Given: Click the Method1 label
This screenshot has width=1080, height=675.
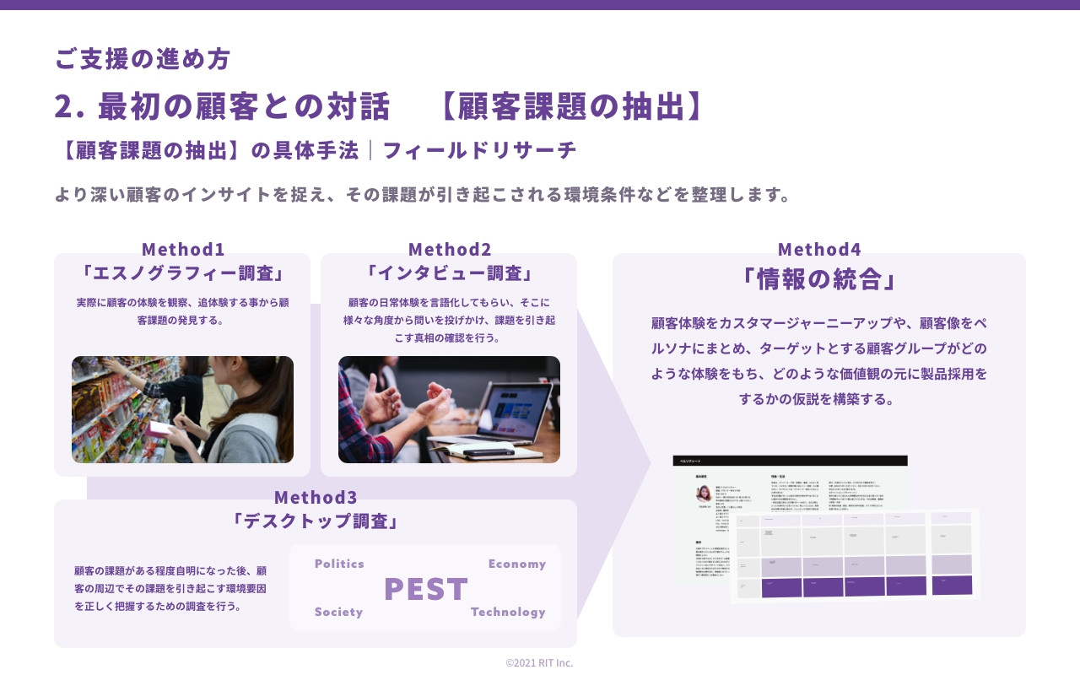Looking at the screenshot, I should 183,249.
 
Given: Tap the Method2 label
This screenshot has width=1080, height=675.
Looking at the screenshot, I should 450,249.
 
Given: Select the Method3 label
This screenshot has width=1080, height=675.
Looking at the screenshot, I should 316,497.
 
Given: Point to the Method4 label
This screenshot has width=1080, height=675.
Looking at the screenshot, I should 819,249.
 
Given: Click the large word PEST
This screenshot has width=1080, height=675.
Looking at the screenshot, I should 426,589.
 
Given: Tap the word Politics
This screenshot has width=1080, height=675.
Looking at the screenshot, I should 339,564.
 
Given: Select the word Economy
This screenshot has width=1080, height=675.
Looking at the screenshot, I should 516,564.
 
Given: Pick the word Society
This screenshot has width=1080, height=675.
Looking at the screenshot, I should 338,612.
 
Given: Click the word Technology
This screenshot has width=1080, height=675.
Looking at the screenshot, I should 508,612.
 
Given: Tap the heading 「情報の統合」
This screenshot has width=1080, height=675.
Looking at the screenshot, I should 818,279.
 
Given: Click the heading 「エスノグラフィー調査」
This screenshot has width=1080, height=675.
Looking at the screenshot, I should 182,273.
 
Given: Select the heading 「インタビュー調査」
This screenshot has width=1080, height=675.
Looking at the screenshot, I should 449,273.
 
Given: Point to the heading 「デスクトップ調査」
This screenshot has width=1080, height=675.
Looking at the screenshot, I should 316,521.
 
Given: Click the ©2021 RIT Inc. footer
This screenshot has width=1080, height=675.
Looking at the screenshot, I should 539,662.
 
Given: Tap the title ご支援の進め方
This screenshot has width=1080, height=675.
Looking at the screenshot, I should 143,58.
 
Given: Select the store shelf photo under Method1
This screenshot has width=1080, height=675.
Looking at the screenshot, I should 182,409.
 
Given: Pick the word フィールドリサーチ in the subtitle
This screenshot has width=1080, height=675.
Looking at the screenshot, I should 480,150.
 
